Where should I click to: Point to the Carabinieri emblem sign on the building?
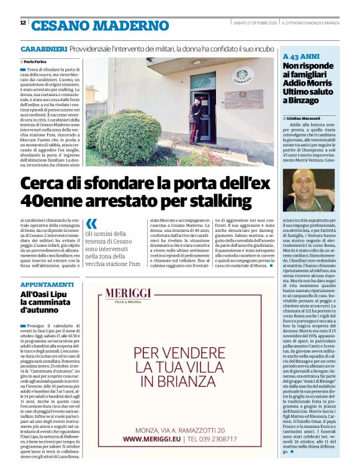click(x=242, y=78)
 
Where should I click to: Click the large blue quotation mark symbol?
click(x=92, y=224)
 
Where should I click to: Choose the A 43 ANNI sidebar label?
click(x=300, y=55)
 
